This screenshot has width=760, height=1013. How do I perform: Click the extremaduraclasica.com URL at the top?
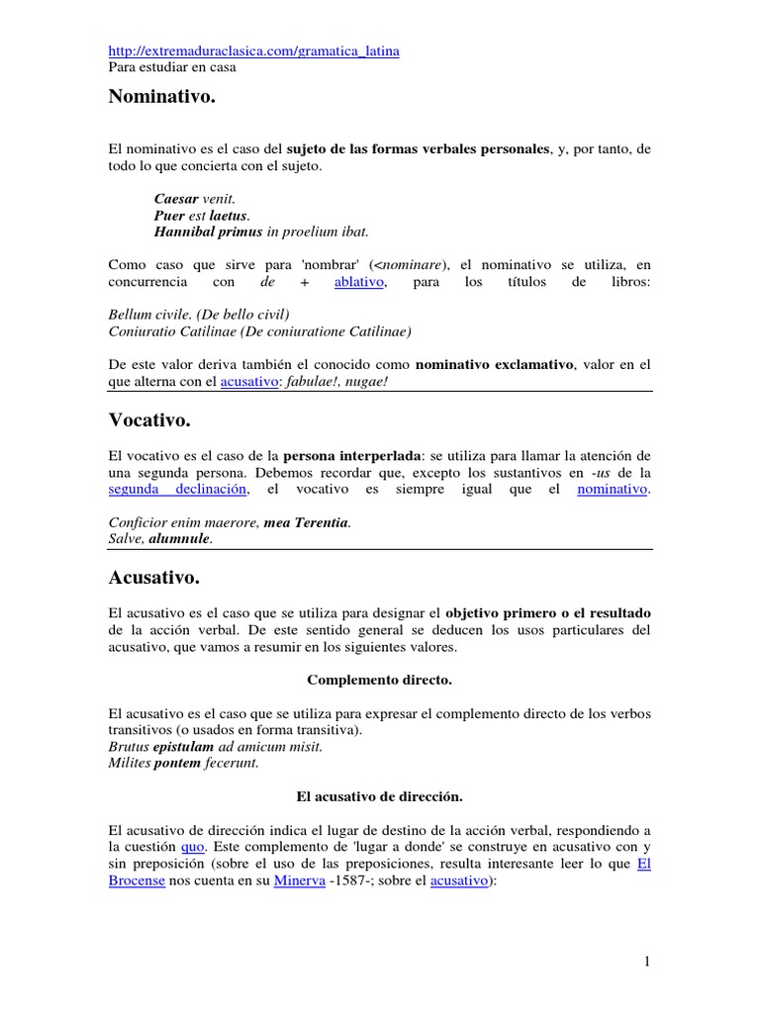(x=253, y=50)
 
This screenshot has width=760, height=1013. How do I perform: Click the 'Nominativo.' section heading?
(x=161, y=98)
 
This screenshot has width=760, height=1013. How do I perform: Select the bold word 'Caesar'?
(x=176, y=198)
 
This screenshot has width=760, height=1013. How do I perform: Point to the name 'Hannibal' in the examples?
(x=186, y=231)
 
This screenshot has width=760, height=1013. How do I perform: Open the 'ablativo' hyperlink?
(x=358, y=282)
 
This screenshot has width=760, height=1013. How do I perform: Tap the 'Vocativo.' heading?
(x=149, y=420)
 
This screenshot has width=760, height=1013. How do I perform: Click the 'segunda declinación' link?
(x=178, y=489)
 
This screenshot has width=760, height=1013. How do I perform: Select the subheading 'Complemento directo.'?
(x=379, y=680)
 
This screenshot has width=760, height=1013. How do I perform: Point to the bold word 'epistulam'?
(x=183, y=746)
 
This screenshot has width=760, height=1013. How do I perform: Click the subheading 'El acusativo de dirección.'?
(x=379, y=795)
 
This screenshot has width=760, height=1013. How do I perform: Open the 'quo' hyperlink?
(x=192, y=847)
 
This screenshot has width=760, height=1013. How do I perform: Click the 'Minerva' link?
(x=299, y=880)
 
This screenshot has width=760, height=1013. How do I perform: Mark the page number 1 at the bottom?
(x=646, y=961)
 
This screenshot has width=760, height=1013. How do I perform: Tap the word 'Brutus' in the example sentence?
(x=128, y=746)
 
